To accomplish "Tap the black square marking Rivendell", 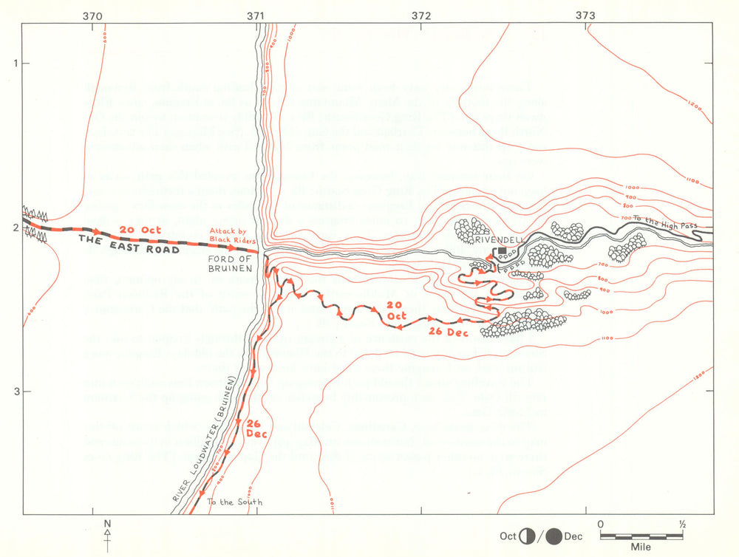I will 503,251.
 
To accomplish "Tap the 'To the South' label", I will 234,502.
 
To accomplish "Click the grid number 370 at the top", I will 92,14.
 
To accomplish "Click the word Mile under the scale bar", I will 641,548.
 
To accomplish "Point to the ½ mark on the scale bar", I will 682,524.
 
